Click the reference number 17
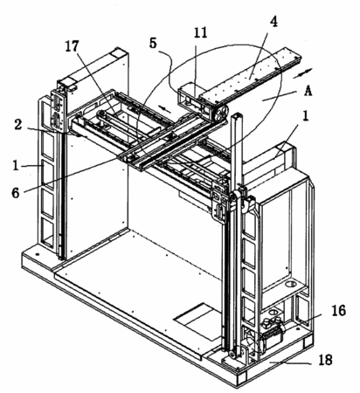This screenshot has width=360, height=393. pyautogui.click(x=72, y=46)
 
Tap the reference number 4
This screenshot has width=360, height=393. pyautogui.click(x=273, y=21)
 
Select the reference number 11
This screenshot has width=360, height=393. pyautogui.click(x=200, y=32)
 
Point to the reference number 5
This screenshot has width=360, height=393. pyautogui.click(x=153, y=43)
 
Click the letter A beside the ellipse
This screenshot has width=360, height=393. pyautogui.click(x=308, y=92)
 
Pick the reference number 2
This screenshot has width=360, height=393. pyautogui.click(x=18, y=125)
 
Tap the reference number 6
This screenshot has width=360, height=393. pyautogui.click(x=16, y=192)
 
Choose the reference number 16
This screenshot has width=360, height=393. pyautogui.click(x=338, y=311)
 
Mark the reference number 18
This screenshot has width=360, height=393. pyautogui.click(x=326, y=360)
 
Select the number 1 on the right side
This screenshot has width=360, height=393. pyautogui.click(x=305, y=117)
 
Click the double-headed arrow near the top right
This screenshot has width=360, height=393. pyautogui.click(x=302, y=73)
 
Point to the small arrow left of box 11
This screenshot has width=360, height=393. pyautogui.click(x=165, y=109)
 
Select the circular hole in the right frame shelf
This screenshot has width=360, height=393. pyautogui.click(x=291, y=283)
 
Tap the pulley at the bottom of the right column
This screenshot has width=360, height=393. pyautogui.click(x=232, y=355)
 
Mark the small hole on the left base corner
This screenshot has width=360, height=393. pyautogui.click(x=38, y=254)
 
